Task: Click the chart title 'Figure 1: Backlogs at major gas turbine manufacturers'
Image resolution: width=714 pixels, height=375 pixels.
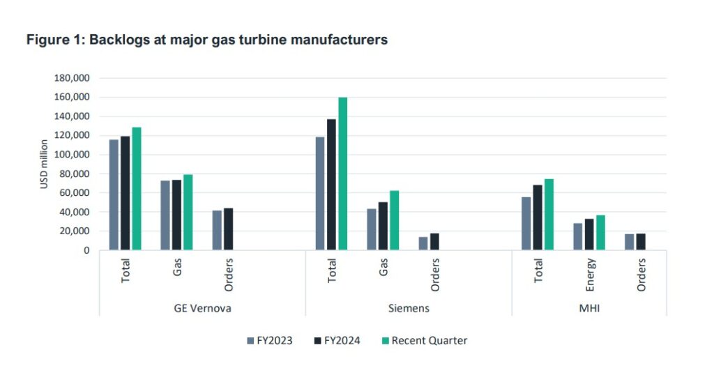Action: (207, 40)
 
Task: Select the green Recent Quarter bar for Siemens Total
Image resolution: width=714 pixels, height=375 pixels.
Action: (342, 174)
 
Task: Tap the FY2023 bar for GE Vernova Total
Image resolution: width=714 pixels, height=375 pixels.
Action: (114, 194)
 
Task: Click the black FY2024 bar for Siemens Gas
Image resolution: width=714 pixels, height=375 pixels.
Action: (383, 226)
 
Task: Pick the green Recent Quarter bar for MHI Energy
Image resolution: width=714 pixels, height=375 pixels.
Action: (600, 232)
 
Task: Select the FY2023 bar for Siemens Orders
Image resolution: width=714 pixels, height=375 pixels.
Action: (423, 243)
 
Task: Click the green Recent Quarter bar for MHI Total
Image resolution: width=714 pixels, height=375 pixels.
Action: (549, 214)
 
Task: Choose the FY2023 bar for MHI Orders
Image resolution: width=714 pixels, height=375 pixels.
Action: (629, 242)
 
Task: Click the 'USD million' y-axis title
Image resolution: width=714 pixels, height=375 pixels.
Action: (44, 164)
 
